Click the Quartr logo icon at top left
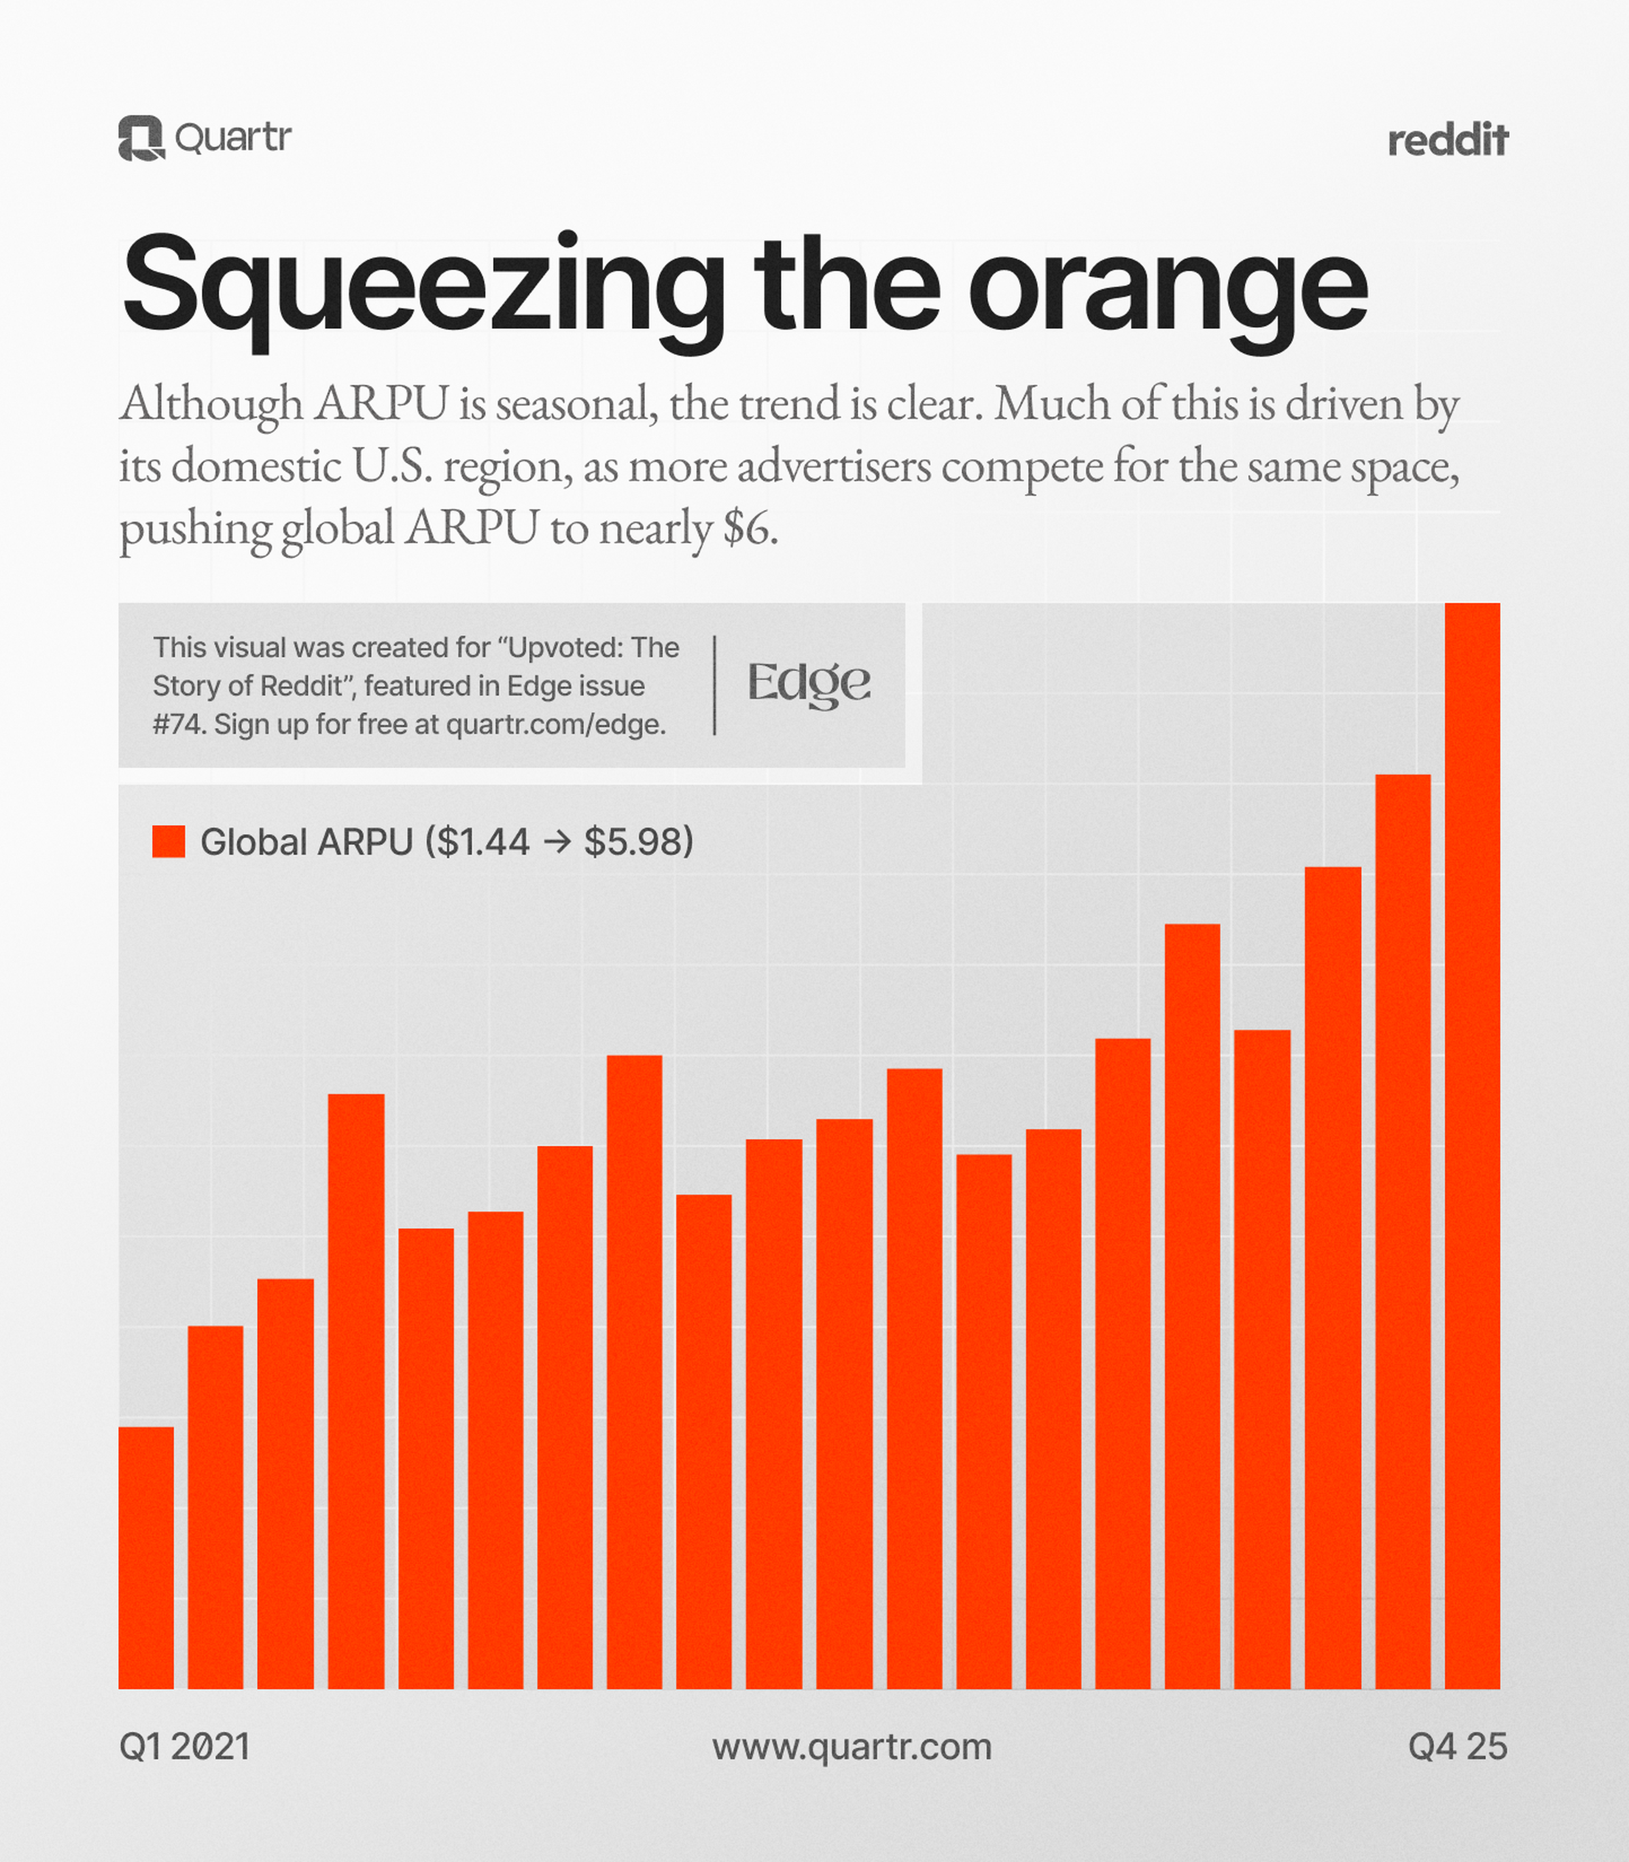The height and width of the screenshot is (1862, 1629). tap(141, 138)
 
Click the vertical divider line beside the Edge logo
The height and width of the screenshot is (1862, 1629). tap(714, 684)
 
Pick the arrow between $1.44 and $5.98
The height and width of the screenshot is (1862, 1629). tap(556, 842)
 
